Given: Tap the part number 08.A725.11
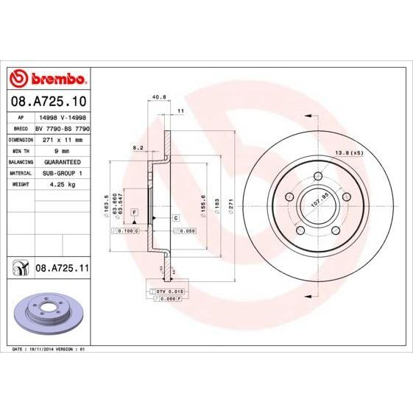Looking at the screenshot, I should [62, 270].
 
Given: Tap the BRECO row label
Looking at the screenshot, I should [21, 127].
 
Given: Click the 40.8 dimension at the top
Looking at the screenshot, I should [156, 94].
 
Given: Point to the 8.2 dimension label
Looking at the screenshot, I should [137, 148].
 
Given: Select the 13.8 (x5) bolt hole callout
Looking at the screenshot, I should [349, 152].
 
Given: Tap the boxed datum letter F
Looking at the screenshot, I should [135, 213].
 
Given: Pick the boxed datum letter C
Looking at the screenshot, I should [177, 219].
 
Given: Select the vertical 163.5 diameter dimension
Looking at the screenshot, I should [107, 204].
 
